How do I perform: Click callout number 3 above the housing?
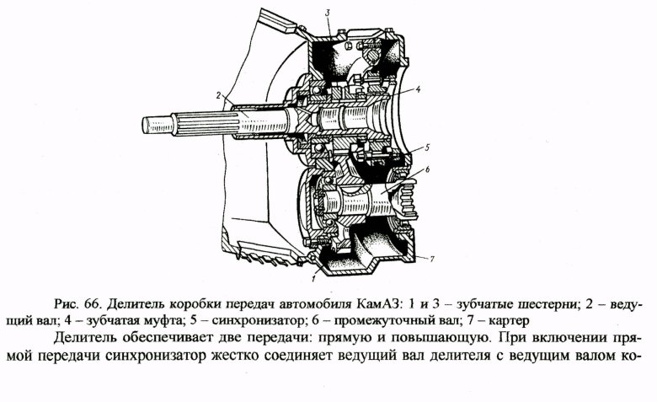tap(328, 11)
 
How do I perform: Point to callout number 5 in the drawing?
tap(428, 147)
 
